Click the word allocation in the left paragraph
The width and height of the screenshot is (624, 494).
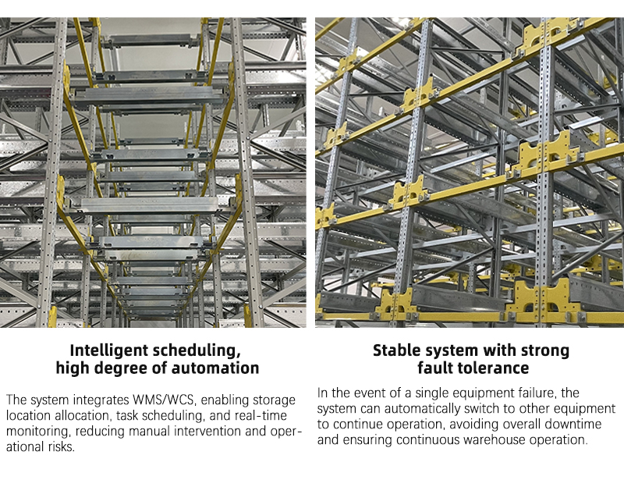[82, 415]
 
